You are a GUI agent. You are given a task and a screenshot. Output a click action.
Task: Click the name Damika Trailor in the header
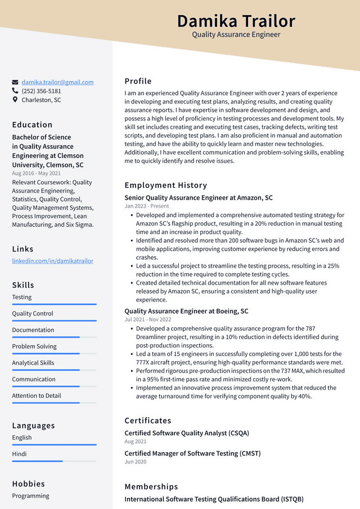click(x=236, y=21)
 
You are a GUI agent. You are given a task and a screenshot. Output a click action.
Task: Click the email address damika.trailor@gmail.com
click(x=57, y=82)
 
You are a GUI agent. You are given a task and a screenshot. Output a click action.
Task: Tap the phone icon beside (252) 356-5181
click(x=15, y=91)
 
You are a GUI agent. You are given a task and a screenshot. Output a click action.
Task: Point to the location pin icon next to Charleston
click(x=15, y=100)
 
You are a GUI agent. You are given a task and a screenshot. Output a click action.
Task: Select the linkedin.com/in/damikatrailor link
click(x=53, y=261)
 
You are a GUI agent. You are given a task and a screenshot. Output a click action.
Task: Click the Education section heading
click(x=32, y=125)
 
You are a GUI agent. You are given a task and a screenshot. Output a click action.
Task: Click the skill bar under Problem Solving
click(x=54, y=354)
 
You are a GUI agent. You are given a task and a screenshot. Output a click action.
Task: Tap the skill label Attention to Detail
click(x=37, y=396)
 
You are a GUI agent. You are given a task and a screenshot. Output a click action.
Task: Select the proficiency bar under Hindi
click(x=54, y=461)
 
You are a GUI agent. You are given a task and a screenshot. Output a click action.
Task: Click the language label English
click(x=22, y=438)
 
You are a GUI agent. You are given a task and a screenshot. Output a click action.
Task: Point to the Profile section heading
click(x=138, y=81)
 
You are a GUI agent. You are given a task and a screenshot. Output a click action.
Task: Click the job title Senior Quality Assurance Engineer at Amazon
click(x=199, y=198)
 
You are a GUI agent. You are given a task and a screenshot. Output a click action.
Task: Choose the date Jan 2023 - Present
click(x=147, y=206)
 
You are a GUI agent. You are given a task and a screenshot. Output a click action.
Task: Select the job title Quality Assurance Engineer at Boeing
click(x=186, y=311)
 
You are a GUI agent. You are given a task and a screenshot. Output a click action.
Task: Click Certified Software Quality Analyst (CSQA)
click(x=187, y=433)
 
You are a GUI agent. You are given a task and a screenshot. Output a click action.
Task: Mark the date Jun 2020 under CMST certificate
click(x=136, y=462)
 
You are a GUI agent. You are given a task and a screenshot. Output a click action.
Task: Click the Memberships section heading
click(x=151, y=487)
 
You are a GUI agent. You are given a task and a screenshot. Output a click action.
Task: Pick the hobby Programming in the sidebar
click(x=31, y=496)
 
